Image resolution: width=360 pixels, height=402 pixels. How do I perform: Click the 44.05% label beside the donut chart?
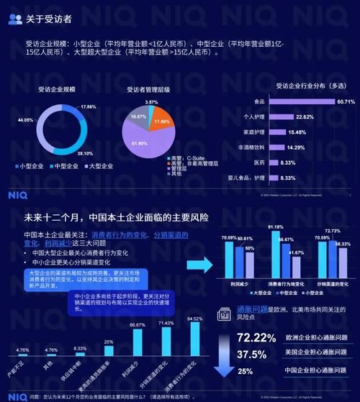tap(24, 120)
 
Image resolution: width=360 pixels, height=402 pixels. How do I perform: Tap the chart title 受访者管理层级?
tap(148, 90)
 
